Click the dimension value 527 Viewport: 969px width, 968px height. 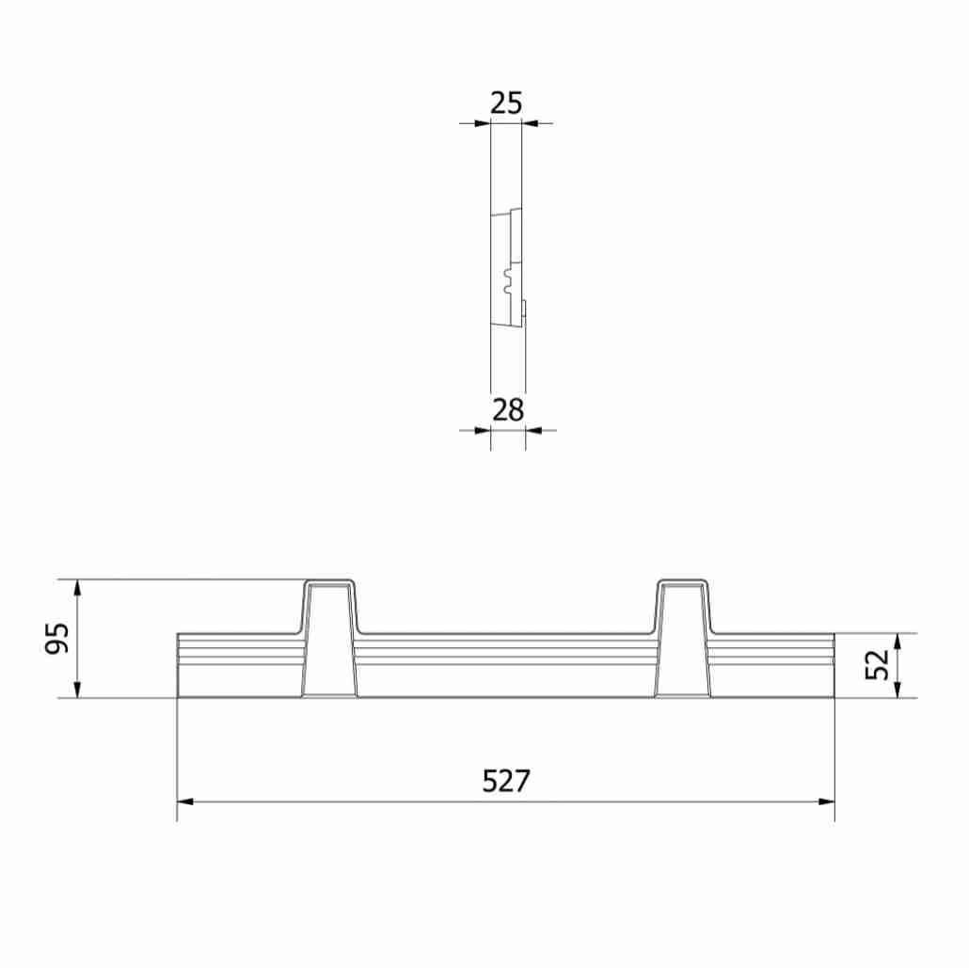(506, 781)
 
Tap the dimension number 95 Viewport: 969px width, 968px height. (58, 639)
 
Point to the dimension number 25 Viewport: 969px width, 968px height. (506, 103)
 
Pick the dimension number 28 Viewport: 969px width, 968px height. (507, 410)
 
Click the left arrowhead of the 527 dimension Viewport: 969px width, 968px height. (185, 801)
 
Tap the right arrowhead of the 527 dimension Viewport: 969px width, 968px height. (827, 801)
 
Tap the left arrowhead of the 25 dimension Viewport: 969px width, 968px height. (484, 122)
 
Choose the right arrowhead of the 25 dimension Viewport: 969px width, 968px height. (529, 122)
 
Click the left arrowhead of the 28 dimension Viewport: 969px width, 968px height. (484, 430)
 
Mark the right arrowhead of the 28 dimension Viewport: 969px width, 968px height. (532, 430)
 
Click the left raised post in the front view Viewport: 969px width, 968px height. (329, 640)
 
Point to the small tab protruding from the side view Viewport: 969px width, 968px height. (524, 309)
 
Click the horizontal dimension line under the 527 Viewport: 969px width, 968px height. (376, 801)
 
